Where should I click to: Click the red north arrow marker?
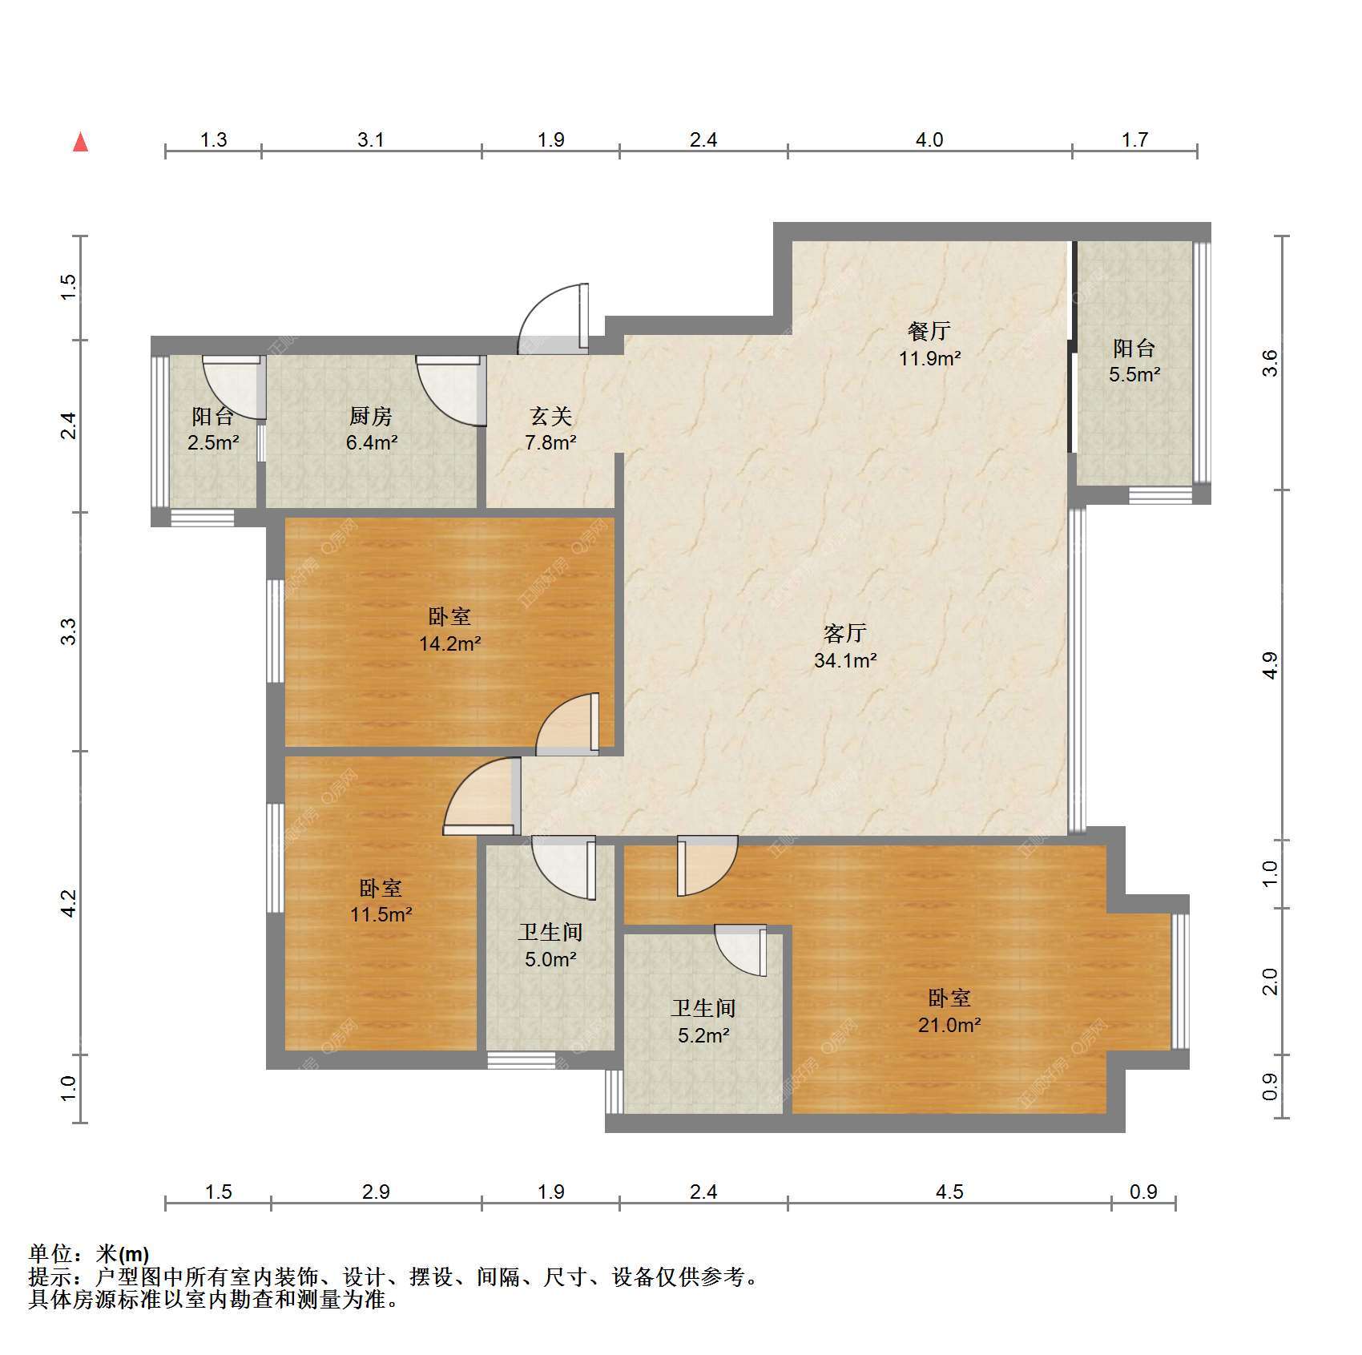pos(80,142)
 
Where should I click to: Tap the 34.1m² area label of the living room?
pos(845,661)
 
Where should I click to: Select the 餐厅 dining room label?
pos(929,330)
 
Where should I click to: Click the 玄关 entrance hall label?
pos(551,417)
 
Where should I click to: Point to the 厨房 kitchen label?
pos(371,417)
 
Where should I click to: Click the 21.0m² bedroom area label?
pos(949,1025)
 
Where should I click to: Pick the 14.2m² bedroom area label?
pos(450,643)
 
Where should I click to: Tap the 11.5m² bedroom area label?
pos(381,914)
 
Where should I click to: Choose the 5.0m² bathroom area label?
pos(551,959)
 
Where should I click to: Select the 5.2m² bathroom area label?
pos(703,1035)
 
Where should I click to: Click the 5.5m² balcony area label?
pos(1134,374)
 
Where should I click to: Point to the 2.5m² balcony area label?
pos(213,442)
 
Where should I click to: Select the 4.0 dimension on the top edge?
pos(929,140)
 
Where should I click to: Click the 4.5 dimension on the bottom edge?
pos(949,1192)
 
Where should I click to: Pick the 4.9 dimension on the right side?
pos(1270,665)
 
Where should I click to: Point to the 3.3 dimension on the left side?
pos(71,631)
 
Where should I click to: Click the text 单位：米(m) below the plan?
pos(89,1254)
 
